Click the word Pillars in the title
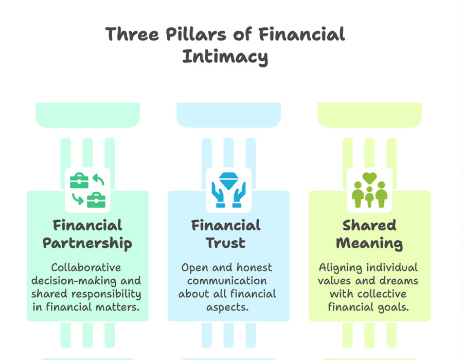[196, 34]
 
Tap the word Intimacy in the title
[225, 57]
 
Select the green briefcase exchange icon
[87, 190]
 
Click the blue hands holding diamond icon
[228, 190]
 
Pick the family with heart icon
[369, 190]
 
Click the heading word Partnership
[87, 244]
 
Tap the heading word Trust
[226, 243]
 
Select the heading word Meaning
[369, 244]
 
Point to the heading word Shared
[369, 225]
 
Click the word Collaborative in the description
[86, 267]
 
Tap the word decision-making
[74, 281]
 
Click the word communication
[227, 281]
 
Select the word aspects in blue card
[227, 308]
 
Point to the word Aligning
[340, 268]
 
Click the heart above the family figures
[369, 178]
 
